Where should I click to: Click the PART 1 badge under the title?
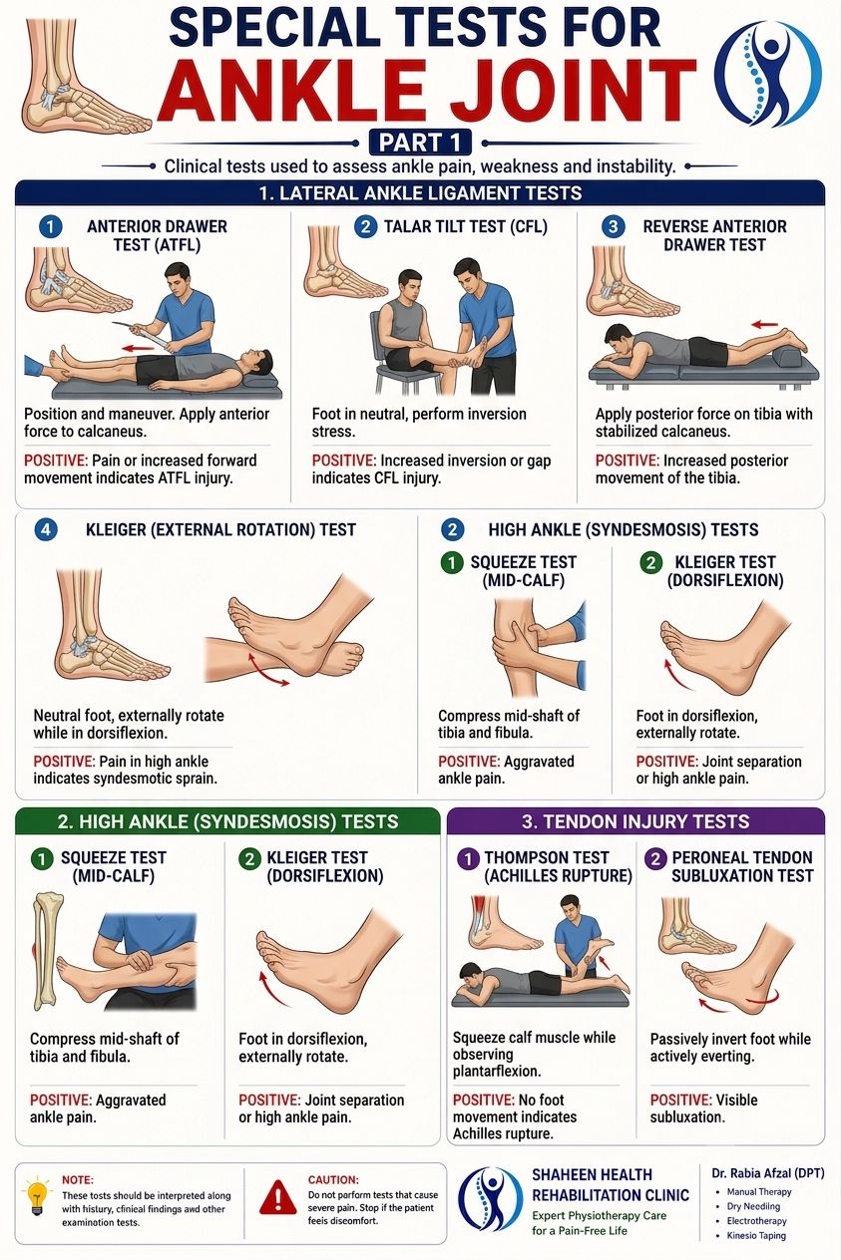pos(420,143)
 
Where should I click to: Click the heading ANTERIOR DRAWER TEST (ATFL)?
pos(157,235)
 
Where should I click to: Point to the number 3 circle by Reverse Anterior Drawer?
pos(613,226)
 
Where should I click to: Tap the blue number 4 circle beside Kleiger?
pos(46,530)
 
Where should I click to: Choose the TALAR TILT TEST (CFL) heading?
pos(466,226)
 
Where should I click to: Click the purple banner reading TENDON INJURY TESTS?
pos(635,820)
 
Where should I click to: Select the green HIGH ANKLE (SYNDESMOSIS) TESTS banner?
pos(227,820)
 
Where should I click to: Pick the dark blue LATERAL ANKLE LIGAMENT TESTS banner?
pos(420,193)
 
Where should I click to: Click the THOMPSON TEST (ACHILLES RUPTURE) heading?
pos(558,866)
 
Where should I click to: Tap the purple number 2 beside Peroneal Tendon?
pos(655,859)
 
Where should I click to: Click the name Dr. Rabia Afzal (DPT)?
pos(768,1173)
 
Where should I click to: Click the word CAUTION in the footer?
pos(332,1179)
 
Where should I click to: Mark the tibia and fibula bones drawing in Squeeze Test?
pos(46,952)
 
